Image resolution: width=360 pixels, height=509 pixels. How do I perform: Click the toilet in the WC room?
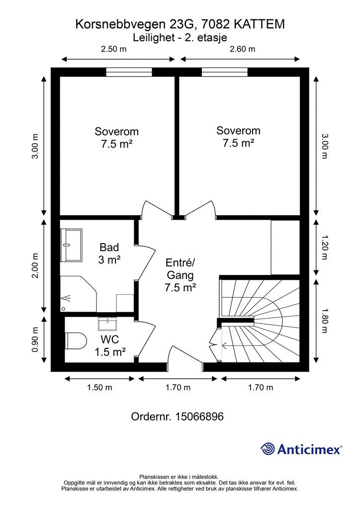[76, 340]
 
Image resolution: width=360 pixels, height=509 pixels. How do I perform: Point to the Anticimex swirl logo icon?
[268, 449]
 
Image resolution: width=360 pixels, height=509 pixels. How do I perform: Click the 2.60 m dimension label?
[242, 49]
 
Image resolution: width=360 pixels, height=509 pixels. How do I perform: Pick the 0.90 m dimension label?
[35, 339]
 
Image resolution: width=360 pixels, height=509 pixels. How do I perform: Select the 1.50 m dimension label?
[99, 387]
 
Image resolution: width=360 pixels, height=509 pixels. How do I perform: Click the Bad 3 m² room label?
[109, 254]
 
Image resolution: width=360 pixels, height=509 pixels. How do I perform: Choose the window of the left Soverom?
[129, 72]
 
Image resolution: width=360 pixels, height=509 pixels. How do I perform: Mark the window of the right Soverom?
[225, 72]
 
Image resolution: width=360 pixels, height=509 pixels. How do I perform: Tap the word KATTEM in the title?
[259, 24]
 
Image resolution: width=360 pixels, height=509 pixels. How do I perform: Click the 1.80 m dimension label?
[324, 320]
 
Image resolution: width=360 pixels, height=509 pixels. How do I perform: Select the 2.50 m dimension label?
[113, 49]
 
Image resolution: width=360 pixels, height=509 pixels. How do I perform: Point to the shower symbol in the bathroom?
[66, 298]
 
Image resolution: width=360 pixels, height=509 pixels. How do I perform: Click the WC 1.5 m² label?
[110, 346]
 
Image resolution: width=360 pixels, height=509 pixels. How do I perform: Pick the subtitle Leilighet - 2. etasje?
[180, 38]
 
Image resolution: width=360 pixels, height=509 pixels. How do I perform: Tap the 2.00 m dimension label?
[35, 265]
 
